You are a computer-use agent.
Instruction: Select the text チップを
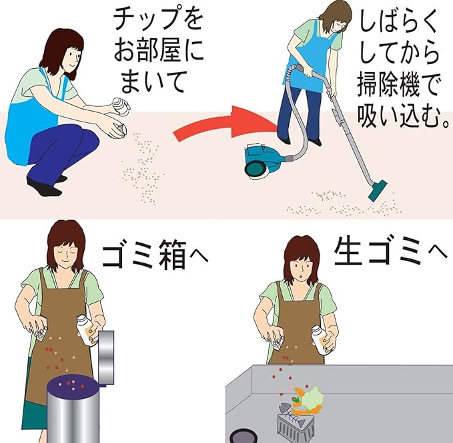click(158, 19)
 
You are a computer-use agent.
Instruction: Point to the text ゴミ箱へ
click(155, 254)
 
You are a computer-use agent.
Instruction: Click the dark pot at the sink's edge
click(244, 436)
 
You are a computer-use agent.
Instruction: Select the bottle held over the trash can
click(86, 330)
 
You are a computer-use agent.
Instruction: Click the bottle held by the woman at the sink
click(320, 339)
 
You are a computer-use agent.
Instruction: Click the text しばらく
click(399, 23)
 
